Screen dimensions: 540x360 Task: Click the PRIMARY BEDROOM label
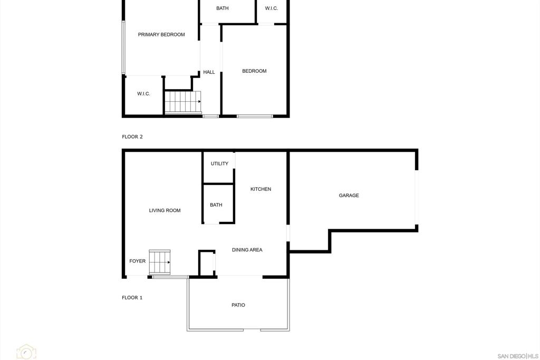coord(161,34)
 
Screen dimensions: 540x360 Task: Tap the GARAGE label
coord(349,195)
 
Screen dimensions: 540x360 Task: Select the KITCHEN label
coord(261,189)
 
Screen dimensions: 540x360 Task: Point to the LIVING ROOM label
coord(165,210)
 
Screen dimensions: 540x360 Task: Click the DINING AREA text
coord(247,250)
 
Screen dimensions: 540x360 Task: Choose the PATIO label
coord(238,305)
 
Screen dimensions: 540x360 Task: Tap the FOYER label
coord(138,261)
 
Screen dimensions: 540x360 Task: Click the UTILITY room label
coord(219,163)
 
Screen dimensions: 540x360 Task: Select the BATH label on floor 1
coord(216,205)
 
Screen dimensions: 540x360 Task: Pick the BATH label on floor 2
coord(222,8)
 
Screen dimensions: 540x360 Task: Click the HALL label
coord(209,72)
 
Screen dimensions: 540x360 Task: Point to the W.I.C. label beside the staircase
coord(143,94)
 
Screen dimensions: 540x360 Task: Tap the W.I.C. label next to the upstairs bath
coord(272,8)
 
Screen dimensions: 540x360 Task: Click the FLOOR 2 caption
coord(132,137)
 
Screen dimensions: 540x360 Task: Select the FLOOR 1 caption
coord(132,297)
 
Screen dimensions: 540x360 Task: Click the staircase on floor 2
coord(183,102)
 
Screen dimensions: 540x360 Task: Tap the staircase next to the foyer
coord(159,262)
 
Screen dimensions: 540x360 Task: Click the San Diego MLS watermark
coord(518,356)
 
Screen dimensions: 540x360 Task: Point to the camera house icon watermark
coord(26,352)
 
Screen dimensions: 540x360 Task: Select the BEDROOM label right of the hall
coord(254,71)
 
